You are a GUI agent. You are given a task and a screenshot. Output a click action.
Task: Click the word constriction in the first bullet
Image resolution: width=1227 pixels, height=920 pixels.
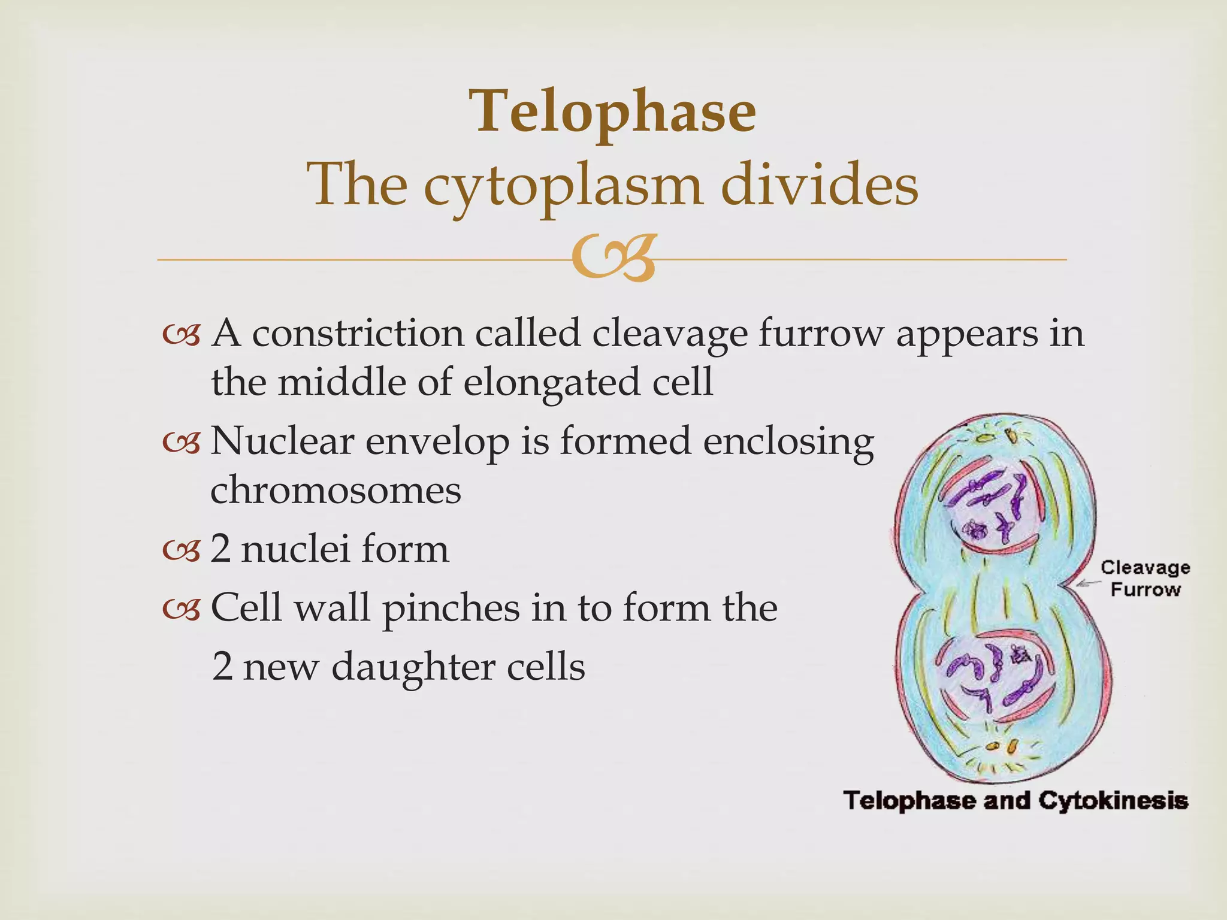click(357, 333)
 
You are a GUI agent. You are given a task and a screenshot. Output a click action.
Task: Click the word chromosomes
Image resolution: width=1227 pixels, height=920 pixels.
click(336, 490)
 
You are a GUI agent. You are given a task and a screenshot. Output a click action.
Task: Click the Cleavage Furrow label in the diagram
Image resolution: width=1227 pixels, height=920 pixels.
click(1145, 579)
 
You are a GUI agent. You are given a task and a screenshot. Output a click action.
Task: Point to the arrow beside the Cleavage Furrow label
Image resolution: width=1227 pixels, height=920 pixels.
click(1087, 582)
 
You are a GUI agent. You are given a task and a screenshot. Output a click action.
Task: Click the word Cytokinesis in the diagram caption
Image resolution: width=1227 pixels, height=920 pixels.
click(1113, 801)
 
